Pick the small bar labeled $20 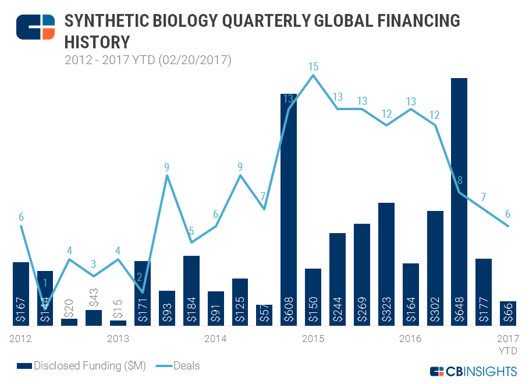[69, 322]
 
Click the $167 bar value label [21, 310]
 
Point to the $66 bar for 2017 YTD [508, 313]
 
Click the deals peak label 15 [313, 66]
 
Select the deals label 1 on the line [45, 283]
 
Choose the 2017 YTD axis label [507, 344]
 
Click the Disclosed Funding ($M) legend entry [81, 366]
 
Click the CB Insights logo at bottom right [473, 371]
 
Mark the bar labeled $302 [435, 267]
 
